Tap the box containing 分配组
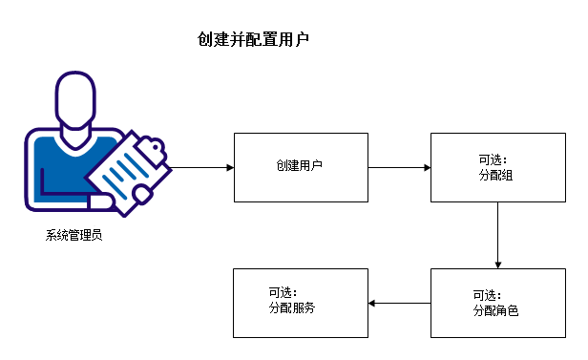[496, 167]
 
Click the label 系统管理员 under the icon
[73, 235]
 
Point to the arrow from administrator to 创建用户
[202, 167]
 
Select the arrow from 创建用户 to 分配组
[399, 167]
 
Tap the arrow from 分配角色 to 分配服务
[399, 303]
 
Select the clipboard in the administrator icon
[125, 172]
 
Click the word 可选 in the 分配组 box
[491, 159]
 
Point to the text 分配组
[496, 177]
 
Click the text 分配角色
[496, 311]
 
